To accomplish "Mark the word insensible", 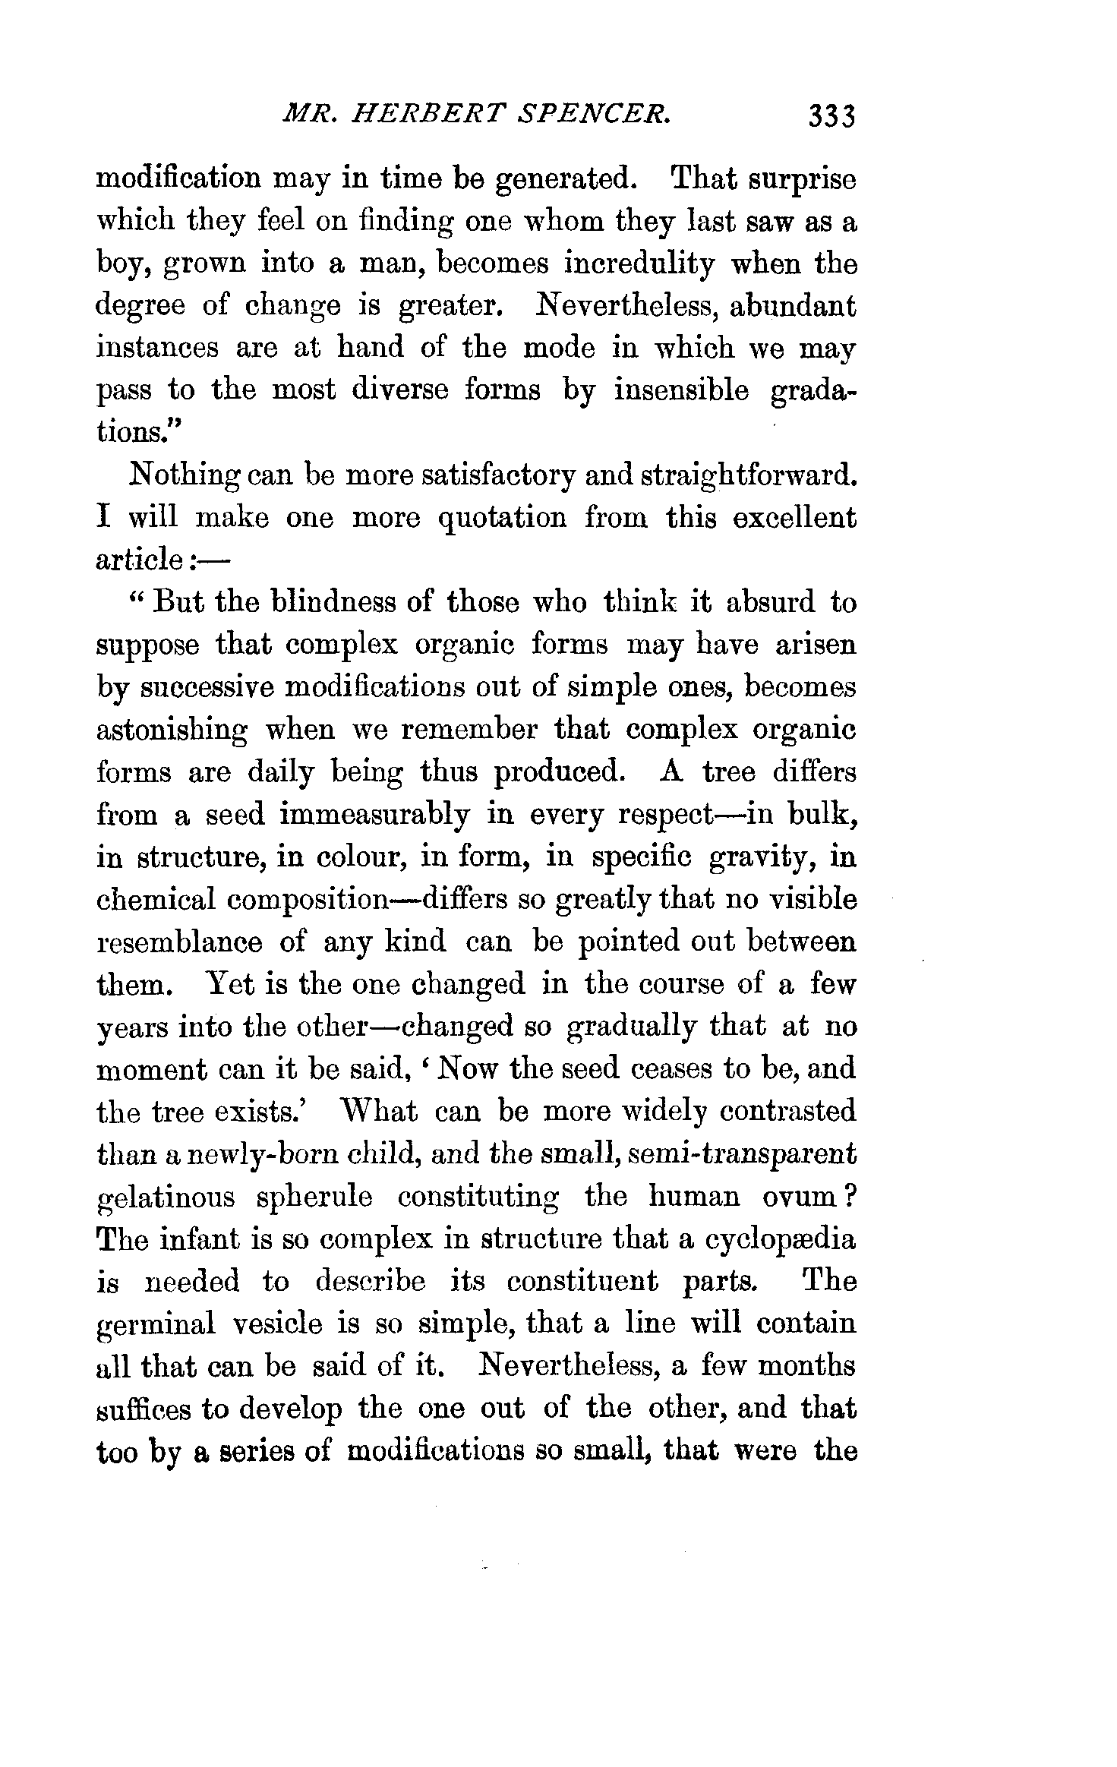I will coord(681,390).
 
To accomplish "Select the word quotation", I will coord(502,519).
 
